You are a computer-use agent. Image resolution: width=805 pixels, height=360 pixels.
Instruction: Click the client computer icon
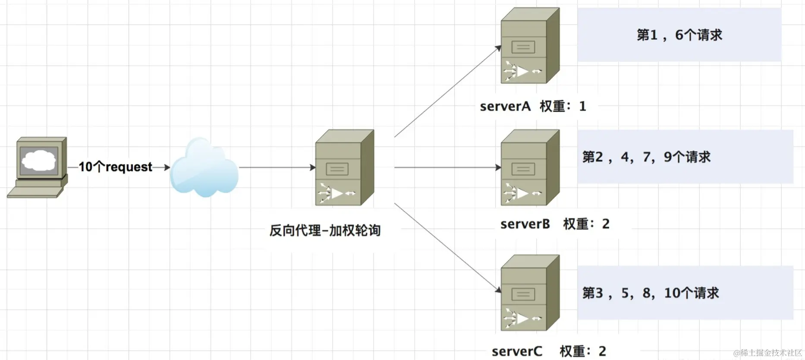(x=38, y=167)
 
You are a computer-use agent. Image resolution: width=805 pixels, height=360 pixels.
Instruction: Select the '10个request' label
(x=115, y=167)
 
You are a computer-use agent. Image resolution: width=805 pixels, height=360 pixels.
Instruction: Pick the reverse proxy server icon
(x=344, y=167)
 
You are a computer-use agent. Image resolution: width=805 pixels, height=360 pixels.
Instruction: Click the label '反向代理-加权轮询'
(x=325, y=231)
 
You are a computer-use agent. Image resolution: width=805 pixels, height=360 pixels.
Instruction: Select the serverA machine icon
(x=530, y=46)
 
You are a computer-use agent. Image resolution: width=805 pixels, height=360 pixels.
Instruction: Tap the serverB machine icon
(x=530, y=167)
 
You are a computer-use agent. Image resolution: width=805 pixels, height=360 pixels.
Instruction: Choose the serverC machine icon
(x=530, y=293)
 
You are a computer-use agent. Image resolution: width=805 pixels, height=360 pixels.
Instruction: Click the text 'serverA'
(x=505, y=106)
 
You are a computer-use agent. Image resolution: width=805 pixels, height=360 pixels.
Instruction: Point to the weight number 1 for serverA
(x=582, y=106)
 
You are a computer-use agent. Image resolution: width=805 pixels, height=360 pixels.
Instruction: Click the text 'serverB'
(x=525, y=224)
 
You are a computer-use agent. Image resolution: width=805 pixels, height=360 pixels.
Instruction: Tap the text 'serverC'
(x=517, y=351)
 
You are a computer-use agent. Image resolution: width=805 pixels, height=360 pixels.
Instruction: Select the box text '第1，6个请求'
(x=679, y=35)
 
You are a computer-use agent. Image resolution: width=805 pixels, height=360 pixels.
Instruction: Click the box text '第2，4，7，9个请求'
(x=646, y=157)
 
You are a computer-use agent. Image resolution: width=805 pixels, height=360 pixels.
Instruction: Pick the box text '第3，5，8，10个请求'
(x=651, y=293)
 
